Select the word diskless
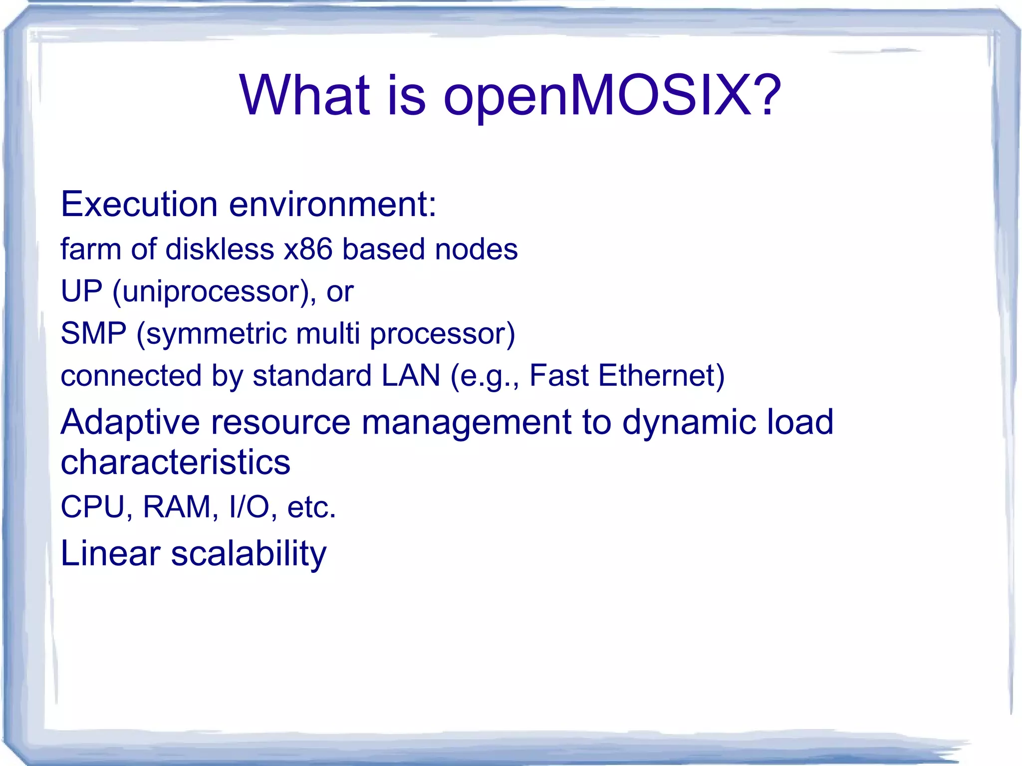[220, 249]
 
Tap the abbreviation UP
[81, 291]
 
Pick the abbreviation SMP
[93, 333]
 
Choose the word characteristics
[175, 462]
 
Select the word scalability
[249, 554]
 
